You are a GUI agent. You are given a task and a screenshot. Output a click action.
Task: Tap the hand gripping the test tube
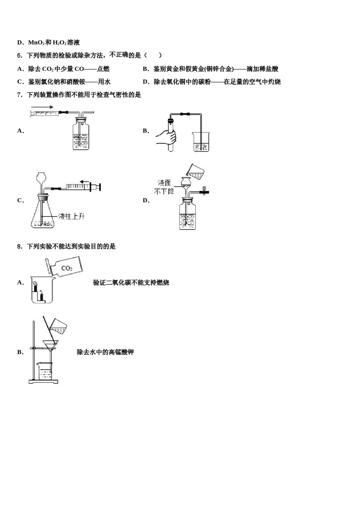click(167, 137)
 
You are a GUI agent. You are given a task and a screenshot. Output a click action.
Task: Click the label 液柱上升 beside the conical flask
click(72, 216)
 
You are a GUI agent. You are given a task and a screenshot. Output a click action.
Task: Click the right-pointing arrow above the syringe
click(42, 107)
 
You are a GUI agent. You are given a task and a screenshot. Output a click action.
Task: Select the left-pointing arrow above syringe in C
click(86, 181)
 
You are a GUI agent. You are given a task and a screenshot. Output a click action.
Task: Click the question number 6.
click(19, 56)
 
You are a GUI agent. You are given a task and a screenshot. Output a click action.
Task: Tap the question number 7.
click(19, 95)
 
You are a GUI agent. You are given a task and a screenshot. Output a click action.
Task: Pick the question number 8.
click(19, 247)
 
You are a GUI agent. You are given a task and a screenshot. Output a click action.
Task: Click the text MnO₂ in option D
click(36, 43)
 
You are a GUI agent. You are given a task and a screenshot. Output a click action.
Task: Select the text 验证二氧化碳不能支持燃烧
click(131, 283)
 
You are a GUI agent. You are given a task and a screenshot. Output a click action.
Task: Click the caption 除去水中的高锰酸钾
click(105, 352)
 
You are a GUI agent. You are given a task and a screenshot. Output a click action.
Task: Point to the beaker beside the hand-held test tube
click(201, 142)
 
